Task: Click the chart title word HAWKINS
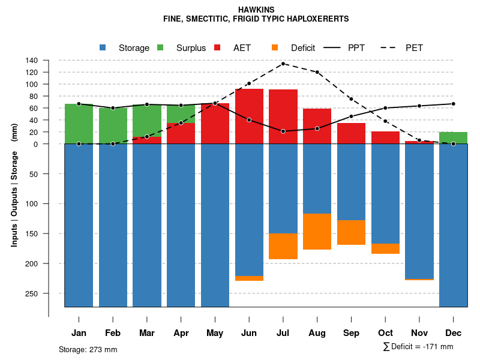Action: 256,10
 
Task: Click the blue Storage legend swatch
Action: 103,48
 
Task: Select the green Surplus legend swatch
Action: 160,48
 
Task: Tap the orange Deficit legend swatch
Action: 275,48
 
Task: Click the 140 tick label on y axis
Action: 32,61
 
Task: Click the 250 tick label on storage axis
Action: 32,293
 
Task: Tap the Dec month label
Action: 453,333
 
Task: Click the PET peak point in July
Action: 283,64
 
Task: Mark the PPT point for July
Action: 283,131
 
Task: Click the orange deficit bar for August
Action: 317,232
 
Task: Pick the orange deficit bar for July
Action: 283,246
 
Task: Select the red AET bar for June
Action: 249,116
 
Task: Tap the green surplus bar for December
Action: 453,138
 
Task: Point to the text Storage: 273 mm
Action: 88,349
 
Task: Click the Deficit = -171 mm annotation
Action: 418,347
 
